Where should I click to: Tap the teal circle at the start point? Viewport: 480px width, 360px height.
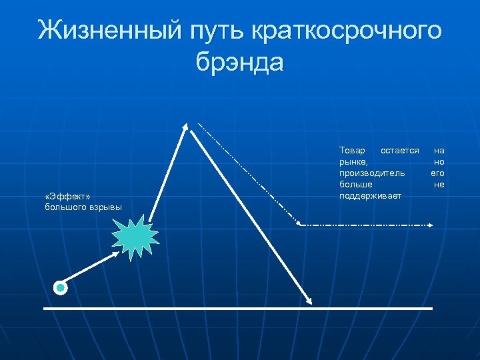(61, 288)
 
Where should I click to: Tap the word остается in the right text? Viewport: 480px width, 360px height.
(399, 151)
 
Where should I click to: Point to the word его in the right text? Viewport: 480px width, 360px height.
(437, 173)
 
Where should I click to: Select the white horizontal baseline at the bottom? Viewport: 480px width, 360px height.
(238, 309)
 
